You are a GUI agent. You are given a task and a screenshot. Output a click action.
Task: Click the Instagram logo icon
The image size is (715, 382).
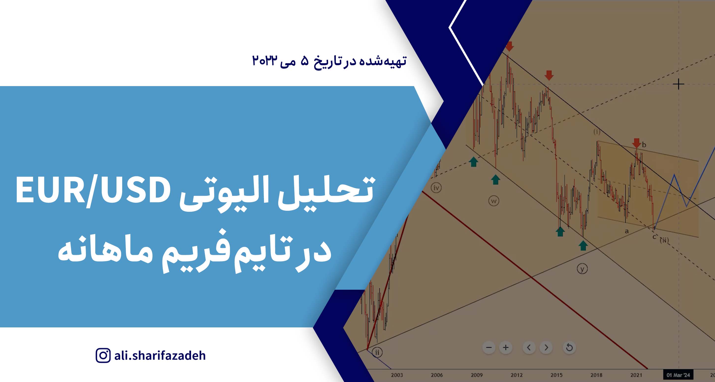click(x=103, y=355)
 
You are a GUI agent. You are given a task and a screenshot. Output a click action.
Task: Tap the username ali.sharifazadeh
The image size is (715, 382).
click(x=160, y=355)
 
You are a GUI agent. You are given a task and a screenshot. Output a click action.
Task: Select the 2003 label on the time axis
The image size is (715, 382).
click(x=397, y=375)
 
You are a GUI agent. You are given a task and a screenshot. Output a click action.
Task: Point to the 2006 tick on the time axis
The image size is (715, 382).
click(x=437, y=375)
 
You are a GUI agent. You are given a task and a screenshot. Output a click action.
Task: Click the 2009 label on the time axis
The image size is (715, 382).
click(x=477, y=375)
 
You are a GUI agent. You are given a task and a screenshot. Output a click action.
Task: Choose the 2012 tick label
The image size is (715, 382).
click(x=517, y=375)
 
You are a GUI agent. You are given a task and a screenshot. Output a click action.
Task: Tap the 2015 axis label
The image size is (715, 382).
click(x=556, y=375)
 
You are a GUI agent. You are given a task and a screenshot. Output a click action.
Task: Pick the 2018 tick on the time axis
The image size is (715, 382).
click(x=596, y=375)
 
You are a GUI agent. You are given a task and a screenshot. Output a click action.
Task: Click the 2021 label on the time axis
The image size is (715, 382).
click(x=636, y=375)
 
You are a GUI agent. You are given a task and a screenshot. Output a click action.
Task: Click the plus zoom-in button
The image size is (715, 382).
click(x=506, y=348)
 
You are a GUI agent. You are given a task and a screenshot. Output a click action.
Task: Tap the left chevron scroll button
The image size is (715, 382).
click(x=529, y=348)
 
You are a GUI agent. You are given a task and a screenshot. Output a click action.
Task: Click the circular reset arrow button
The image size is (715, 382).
click(x=569, y=348)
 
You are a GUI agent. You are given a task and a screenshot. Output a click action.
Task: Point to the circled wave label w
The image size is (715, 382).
click(x=493, y=201)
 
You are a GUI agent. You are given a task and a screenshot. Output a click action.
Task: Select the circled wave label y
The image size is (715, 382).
click(x=582, y=269)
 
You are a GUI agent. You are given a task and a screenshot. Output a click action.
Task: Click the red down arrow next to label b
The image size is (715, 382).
click(x=636, y=143)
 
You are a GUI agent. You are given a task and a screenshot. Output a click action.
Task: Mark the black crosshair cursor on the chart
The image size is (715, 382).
click(x=678, y=84)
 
